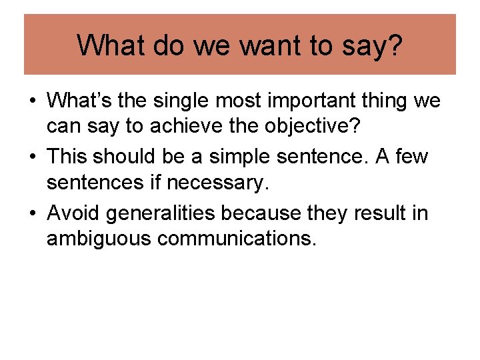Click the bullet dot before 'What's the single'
(x=32, y=102)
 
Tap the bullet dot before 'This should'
(x=32, y=158)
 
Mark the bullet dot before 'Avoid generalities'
(x=32, y=214)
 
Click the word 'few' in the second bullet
(x=413, y=157)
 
